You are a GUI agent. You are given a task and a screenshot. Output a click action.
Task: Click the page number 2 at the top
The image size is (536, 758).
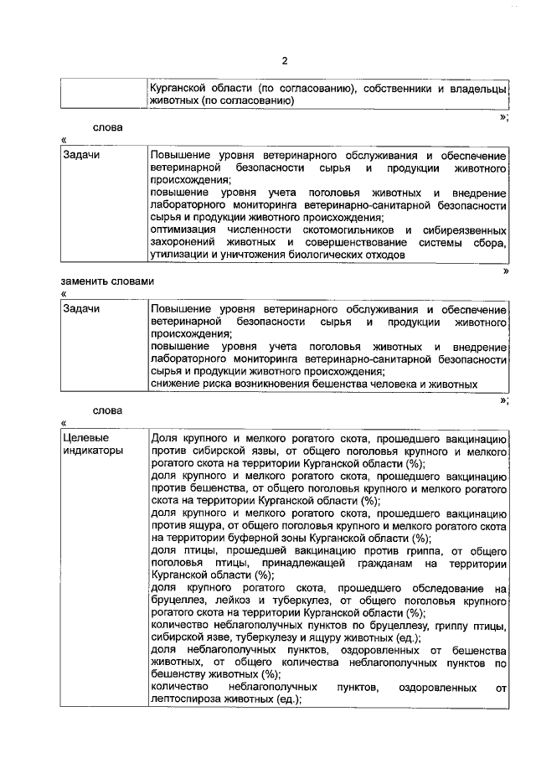(x=284, y=61)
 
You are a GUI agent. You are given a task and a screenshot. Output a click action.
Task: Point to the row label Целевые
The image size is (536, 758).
(x=83, y=438)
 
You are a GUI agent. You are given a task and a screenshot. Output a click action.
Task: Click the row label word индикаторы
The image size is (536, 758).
(x=93, y=451)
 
